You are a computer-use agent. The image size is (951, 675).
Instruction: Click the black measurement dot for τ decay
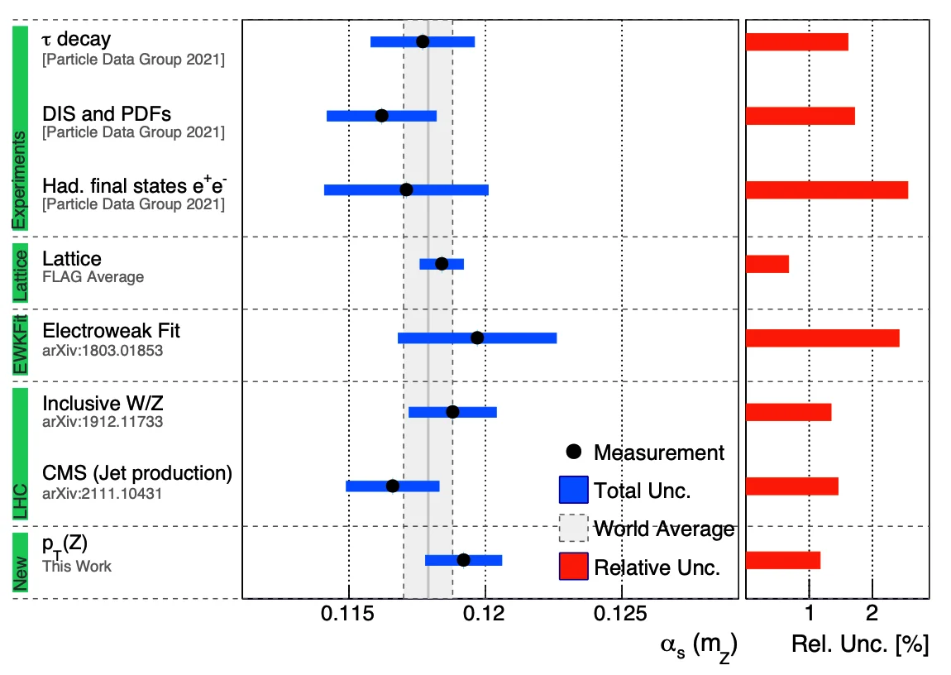423,41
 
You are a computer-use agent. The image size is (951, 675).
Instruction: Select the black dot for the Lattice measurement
442,264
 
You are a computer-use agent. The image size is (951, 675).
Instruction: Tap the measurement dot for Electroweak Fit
477,337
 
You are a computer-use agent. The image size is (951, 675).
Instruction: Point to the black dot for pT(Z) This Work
463,560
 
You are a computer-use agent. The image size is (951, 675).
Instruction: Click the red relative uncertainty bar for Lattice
767,264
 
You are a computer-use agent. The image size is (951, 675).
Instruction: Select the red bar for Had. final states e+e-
827,189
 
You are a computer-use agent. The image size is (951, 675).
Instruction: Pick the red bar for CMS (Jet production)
792,486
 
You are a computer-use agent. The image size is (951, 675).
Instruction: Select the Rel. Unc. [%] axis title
860,645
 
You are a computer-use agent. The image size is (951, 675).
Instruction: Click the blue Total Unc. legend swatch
573,490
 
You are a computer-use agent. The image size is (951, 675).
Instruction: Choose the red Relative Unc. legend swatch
573,567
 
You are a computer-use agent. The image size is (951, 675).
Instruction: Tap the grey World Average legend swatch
573,529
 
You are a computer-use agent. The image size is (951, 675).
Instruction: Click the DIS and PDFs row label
107,113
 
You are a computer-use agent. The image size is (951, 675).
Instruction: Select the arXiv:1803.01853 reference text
103,350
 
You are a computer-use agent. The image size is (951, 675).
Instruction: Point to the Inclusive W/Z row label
108,404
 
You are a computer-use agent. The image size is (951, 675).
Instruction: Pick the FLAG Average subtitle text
93,276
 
